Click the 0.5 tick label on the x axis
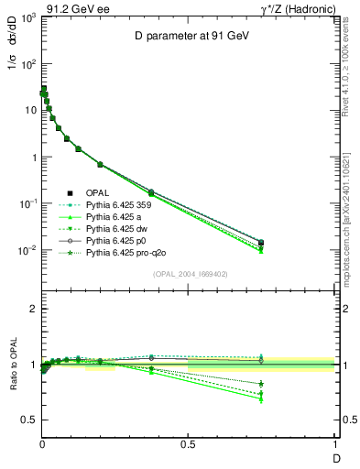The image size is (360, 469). point(188,446)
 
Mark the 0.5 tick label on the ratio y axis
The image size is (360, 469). point(27,420)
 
